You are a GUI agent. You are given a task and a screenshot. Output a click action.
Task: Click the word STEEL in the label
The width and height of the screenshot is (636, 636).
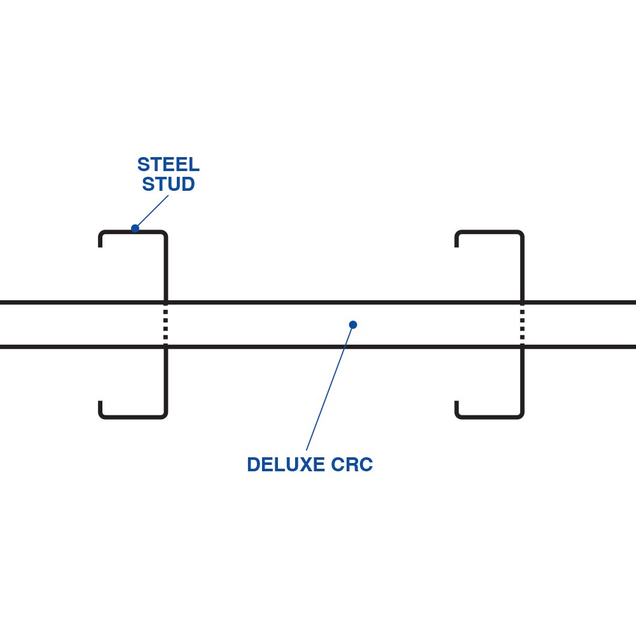click(168, 165)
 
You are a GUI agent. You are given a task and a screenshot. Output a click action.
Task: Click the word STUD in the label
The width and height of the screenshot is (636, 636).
click(168, 184)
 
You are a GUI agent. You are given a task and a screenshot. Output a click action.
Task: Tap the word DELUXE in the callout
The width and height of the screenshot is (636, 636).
click(286, 465)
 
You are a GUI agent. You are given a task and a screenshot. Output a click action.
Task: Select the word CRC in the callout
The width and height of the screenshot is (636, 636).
click(352, 465)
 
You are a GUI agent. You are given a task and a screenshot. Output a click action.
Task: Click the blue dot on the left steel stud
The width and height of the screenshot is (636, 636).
click(135, 228)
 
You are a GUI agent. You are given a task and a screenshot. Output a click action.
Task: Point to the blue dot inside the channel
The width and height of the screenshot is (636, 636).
click(353, 325)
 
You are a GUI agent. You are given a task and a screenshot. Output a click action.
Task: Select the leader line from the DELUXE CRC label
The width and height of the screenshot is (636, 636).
click(329, 388)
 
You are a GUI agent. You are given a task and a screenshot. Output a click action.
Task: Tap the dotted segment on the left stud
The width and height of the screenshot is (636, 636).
click(166, 325)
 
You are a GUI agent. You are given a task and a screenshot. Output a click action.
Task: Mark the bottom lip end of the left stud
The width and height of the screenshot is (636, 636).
click(100, 403)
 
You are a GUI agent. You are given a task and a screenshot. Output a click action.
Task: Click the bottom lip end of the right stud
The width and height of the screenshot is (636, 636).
click(457, 403)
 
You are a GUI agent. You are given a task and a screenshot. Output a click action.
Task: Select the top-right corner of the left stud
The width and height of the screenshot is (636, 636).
click(165, 233)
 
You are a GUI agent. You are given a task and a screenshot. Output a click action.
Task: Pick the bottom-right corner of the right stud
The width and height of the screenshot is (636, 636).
click(522, 416)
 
